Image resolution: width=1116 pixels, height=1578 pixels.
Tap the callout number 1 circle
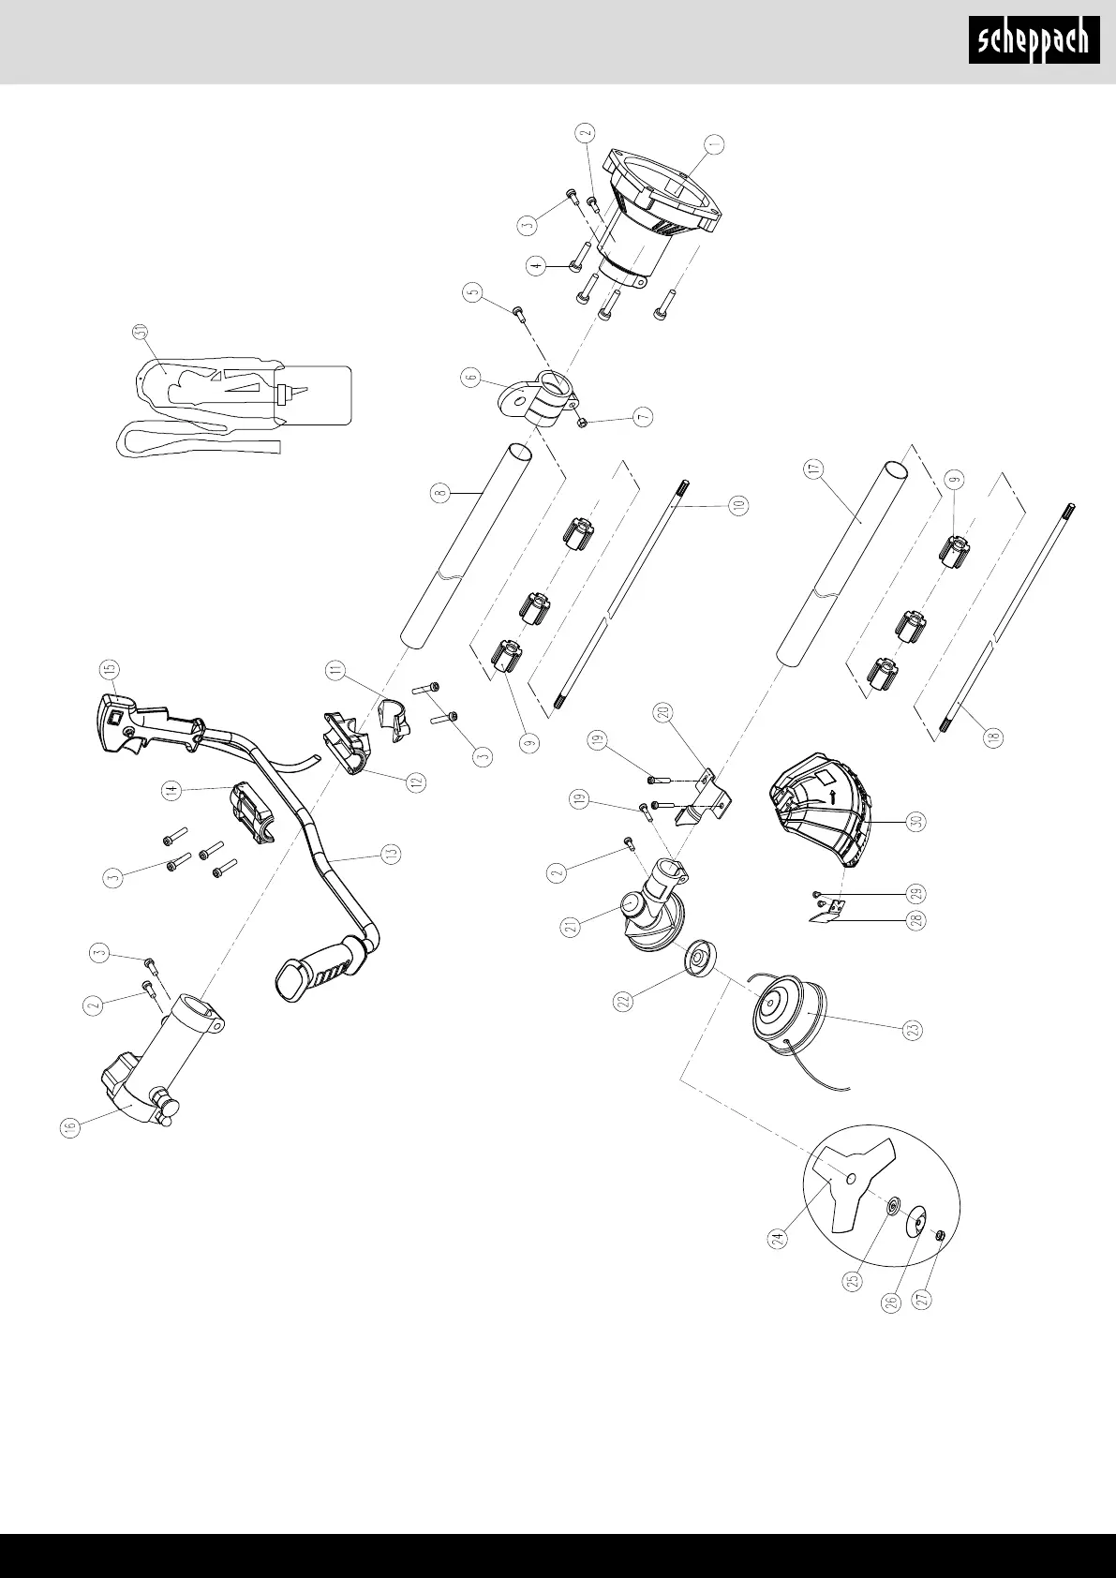(716, 144)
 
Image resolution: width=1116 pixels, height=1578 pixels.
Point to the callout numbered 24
(777, 1239)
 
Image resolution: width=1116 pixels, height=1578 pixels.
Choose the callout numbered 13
(391, 853)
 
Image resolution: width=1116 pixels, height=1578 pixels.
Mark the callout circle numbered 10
(739, 506)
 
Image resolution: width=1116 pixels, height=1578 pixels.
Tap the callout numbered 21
(569, 927)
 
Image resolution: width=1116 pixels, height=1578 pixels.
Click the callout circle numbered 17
(812, 469)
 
